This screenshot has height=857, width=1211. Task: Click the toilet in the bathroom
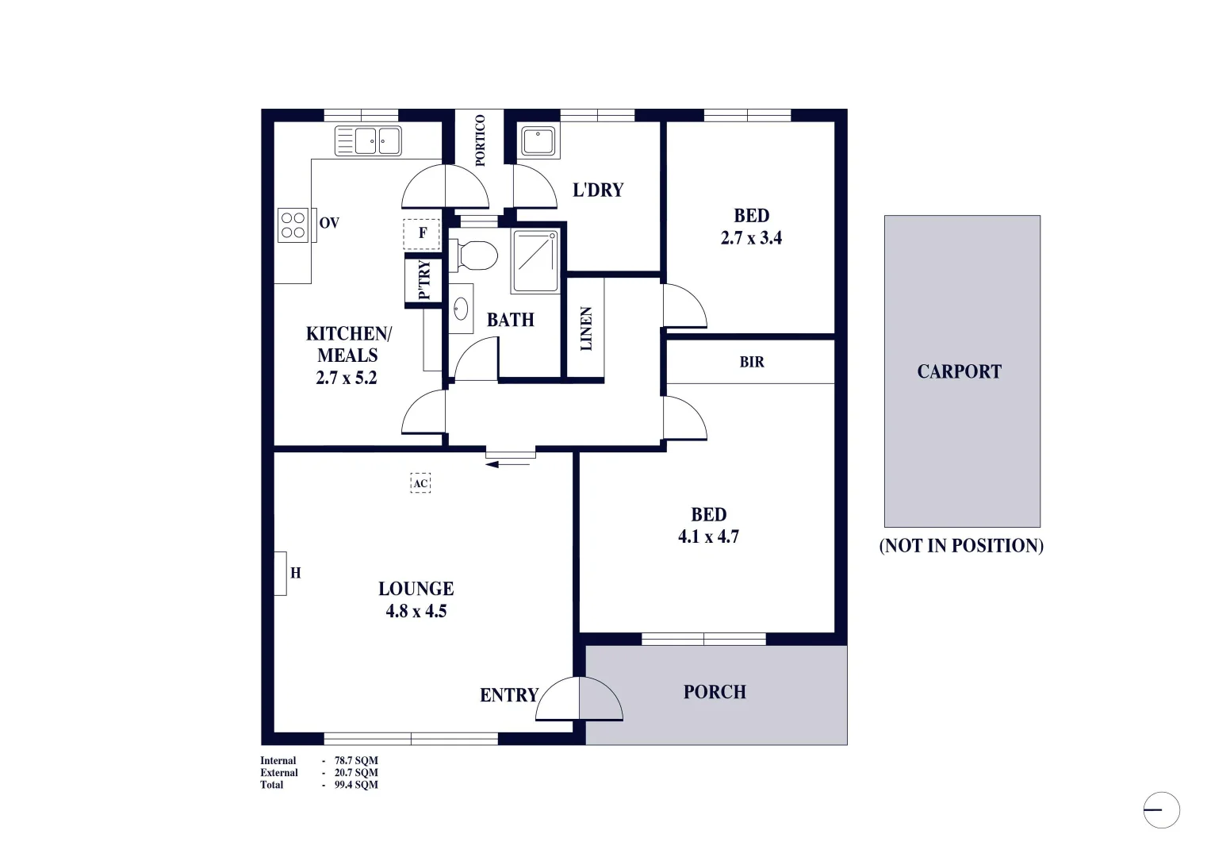475,256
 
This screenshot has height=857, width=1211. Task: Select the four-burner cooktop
293,225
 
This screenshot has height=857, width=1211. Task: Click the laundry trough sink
538,141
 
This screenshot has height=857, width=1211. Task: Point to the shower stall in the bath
535,261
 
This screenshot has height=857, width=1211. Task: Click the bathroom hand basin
461,309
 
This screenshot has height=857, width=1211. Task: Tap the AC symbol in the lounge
420,483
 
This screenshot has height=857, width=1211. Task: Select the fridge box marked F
422,233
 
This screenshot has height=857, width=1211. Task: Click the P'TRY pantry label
424,280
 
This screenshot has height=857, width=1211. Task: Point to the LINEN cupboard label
586,329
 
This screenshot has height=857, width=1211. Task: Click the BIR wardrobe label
752,362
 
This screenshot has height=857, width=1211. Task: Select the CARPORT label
959,371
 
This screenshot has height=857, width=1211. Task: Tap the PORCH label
715,692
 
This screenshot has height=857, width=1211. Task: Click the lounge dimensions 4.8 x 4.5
416,612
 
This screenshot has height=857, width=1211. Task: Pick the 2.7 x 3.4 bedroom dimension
750,238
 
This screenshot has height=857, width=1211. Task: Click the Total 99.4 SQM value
356,785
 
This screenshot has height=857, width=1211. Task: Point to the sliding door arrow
508,464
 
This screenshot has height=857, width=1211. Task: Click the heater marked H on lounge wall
281,573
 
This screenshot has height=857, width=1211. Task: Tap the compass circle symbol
1161,810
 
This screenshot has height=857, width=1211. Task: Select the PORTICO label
480,140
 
